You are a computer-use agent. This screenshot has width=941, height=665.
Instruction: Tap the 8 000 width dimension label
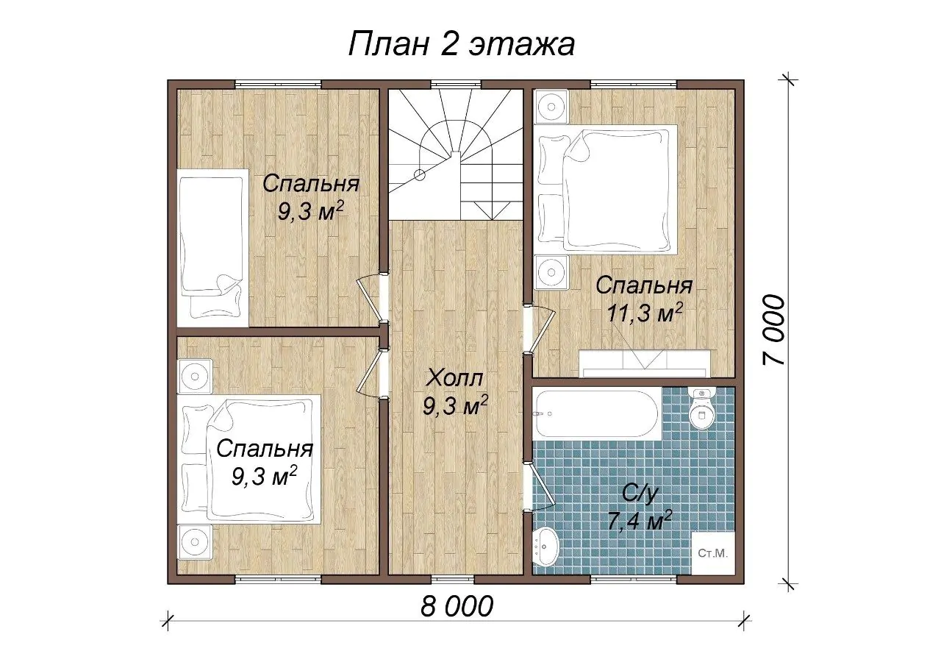[x=457, y=607]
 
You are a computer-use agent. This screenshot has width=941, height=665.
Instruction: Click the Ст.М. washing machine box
[x=713, y=554]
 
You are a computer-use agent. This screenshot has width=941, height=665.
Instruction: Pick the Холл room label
[x=454, y=378]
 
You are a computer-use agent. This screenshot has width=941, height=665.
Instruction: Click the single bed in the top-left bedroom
[x=212, y=248]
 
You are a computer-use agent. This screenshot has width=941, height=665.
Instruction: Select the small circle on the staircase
[x=419, y=174]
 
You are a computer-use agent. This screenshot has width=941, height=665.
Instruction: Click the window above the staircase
[x=457, y=84]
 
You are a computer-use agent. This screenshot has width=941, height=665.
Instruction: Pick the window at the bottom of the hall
[x=454, y=580]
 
